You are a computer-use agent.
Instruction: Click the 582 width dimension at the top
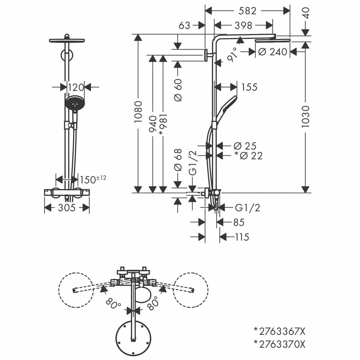(247, 11)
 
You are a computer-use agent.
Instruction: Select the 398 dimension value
(243, 26)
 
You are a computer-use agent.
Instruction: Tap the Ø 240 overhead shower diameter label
(273, 51)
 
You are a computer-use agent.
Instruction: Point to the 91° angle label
(232, 55)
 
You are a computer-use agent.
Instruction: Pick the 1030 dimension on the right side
(306, 117)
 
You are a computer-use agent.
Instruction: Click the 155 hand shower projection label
(249, 87)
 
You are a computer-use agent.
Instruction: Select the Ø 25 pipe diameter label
(245, 146)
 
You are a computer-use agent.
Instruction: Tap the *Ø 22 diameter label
(248, 156)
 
